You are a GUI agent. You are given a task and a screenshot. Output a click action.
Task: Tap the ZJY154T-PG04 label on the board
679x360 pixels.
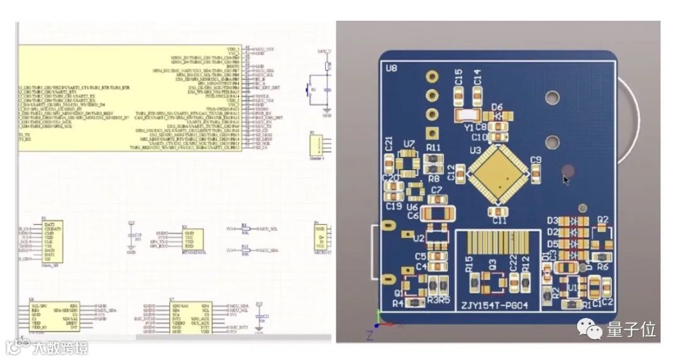pos(495,306)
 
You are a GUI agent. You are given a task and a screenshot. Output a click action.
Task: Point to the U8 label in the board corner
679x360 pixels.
pos(392,67)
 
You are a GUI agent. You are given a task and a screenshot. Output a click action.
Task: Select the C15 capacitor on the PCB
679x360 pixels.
pos(458,95)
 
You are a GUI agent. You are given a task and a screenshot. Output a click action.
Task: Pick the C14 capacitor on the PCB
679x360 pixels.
pos(477,94)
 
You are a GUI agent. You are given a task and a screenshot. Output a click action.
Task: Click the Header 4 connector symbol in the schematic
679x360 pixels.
pos(314,147)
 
